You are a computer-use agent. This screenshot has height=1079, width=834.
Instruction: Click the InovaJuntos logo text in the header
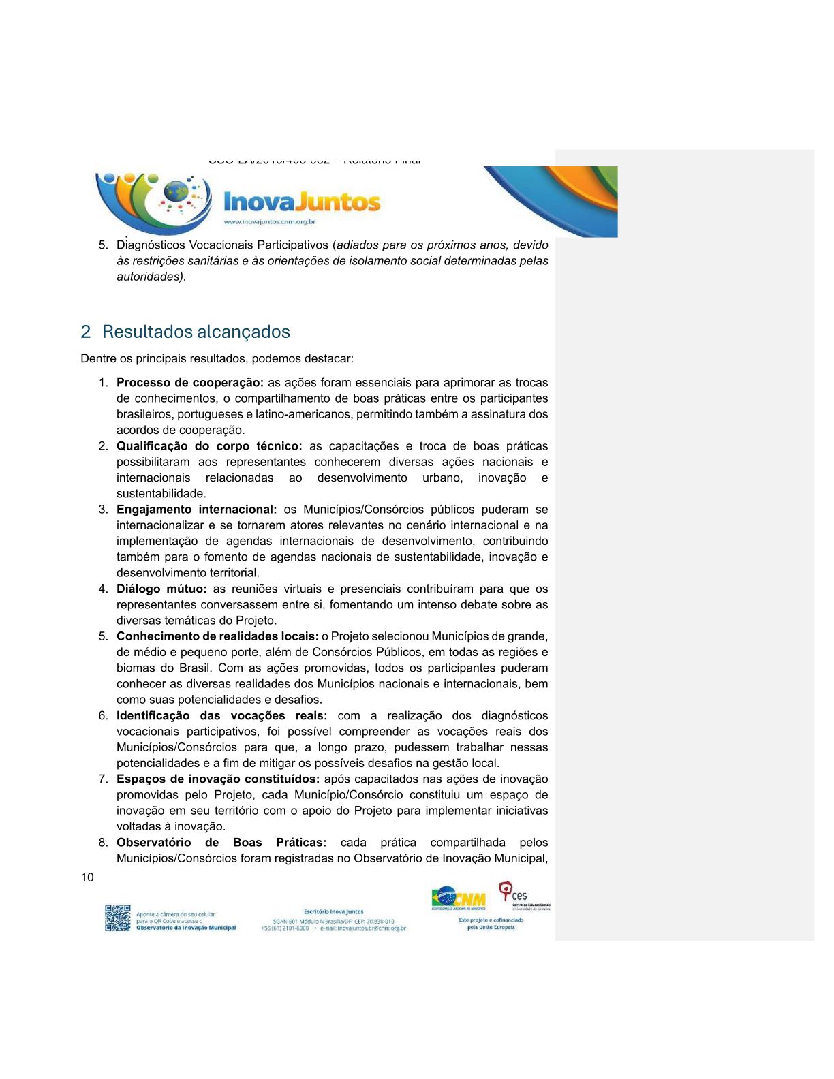pyautogui.click(x=302, y=202)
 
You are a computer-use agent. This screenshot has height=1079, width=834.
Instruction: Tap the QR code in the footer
pyautogui.click(x=117, y=918)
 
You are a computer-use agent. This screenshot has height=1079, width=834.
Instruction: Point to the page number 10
pyautogui.click(x=87, y=877)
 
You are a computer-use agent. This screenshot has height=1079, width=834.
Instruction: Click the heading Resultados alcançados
pyautogui.click(x=196, y=332)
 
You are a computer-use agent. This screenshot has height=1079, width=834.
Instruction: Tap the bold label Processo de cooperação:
pyautogui.click(x=190, y=383)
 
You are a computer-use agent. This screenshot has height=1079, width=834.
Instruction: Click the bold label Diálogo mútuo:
pyautogui.click(x=161, y=589)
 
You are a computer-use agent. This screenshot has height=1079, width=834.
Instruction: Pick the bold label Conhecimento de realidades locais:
pyautogui.click(x=217, y=636)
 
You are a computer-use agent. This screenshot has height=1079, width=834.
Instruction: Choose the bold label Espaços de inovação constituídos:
pyautogui.click(x=217, y=779)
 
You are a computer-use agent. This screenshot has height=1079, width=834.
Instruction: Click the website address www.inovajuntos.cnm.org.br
pyautogui.click(x=270, y=222)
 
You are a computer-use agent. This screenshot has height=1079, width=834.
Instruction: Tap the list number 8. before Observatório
pyautogui.click(x=103, y=843)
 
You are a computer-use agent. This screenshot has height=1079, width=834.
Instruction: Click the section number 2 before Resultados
pyautogui.click(x=85, y=332)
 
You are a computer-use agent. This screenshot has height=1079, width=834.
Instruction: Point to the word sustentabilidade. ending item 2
pyautogui.click(x=161, y=493)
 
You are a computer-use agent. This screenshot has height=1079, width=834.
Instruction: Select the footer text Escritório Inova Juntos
pyautogui.click(x=334, y=911)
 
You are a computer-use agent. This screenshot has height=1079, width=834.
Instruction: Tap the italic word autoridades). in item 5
pyautogui.click(x=151, y=277)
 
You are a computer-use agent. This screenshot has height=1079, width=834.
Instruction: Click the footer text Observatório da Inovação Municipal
pyautogui.click(x=186, y=928)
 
